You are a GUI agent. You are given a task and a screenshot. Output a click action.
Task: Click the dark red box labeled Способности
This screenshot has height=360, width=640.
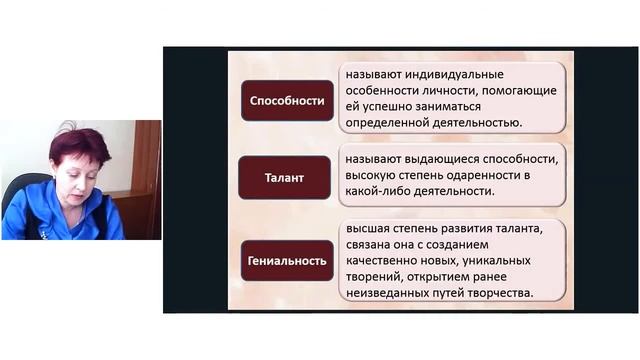point(286,101)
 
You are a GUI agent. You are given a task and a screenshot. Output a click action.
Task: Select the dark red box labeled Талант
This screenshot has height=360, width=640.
point(284,177)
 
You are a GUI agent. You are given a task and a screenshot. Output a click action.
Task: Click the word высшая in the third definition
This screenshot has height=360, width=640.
point(370,229)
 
